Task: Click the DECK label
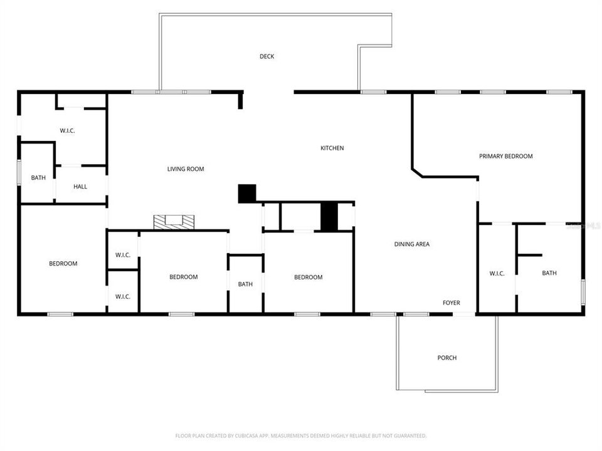(267, 56)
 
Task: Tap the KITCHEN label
(332, 148)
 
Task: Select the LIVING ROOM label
(186, 169)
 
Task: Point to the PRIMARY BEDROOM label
(506, 157)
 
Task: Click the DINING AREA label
(412, 244)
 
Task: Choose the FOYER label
(451, 303)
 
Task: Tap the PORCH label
(447, 358)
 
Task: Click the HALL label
(80, 187)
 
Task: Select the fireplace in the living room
(174, 221)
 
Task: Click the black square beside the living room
(247, 194)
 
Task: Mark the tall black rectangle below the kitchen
(329, 217)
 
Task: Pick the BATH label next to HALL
(38, 178)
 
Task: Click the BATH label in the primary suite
(549, 273)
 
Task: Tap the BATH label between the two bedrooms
(245, 284)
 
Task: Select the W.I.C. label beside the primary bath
(497, 273)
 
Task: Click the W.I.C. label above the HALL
(68, 131)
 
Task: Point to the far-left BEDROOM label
(63, 264)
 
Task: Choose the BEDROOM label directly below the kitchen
(309, 277)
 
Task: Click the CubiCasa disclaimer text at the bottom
(301, 435)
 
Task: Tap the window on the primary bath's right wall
(583, 293)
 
